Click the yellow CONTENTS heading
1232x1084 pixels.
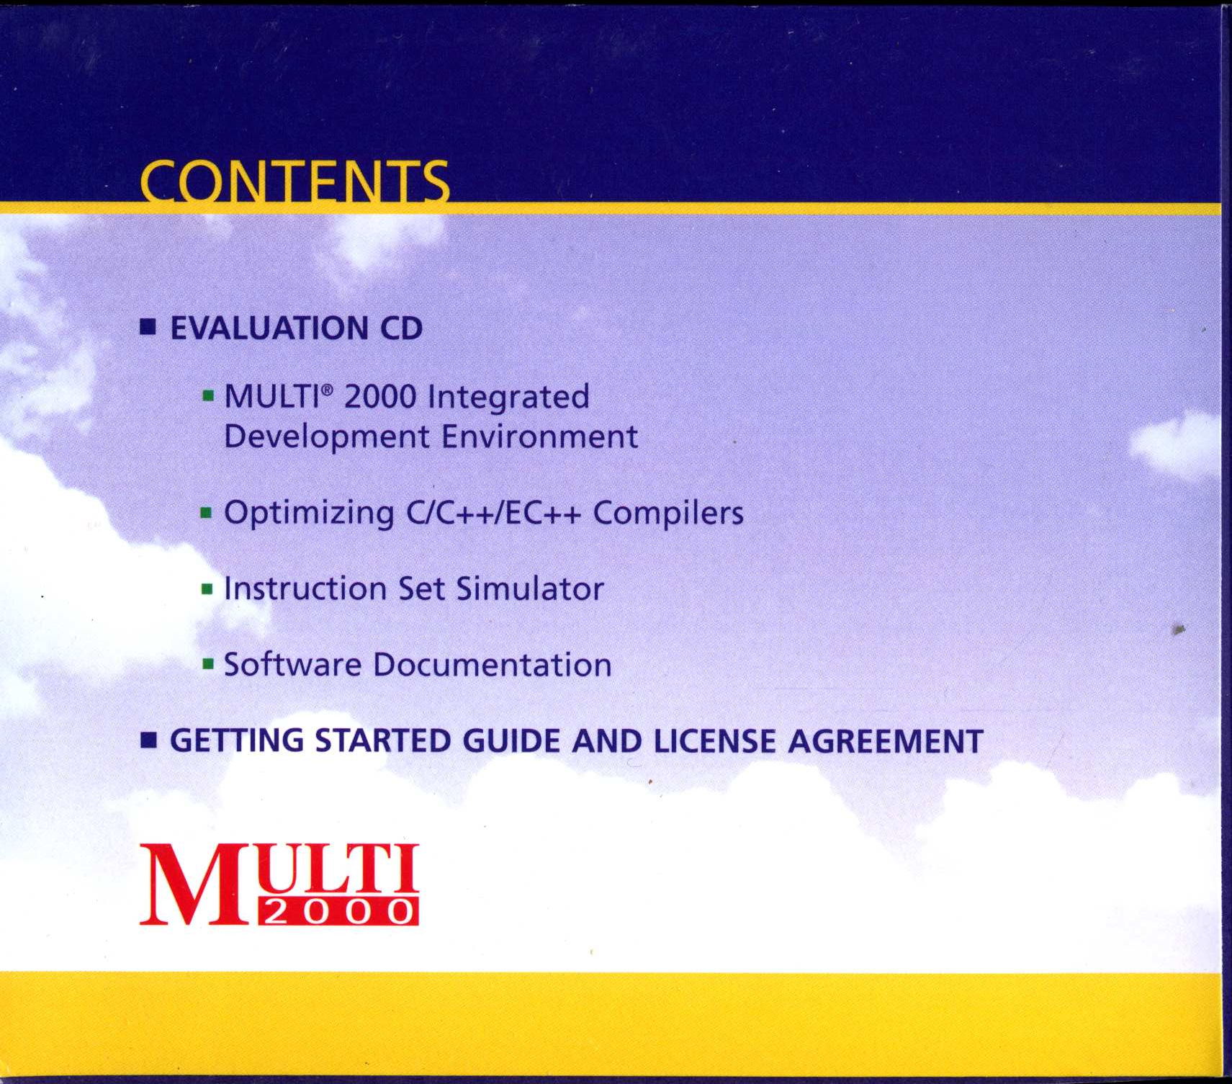pos(295,182)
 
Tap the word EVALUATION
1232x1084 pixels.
pos(269,328)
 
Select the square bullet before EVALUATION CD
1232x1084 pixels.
pos(148,328)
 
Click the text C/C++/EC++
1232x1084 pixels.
pos(493,514)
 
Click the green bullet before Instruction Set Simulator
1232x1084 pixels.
pos(207,590)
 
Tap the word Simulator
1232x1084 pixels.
pos(530,589)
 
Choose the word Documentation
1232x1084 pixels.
pos(492,665)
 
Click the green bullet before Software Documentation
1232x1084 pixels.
pos(207,664)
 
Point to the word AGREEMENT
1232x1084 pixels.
pos(886,741)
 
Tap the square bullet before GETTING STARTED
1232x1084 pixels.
pos(148,740)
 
